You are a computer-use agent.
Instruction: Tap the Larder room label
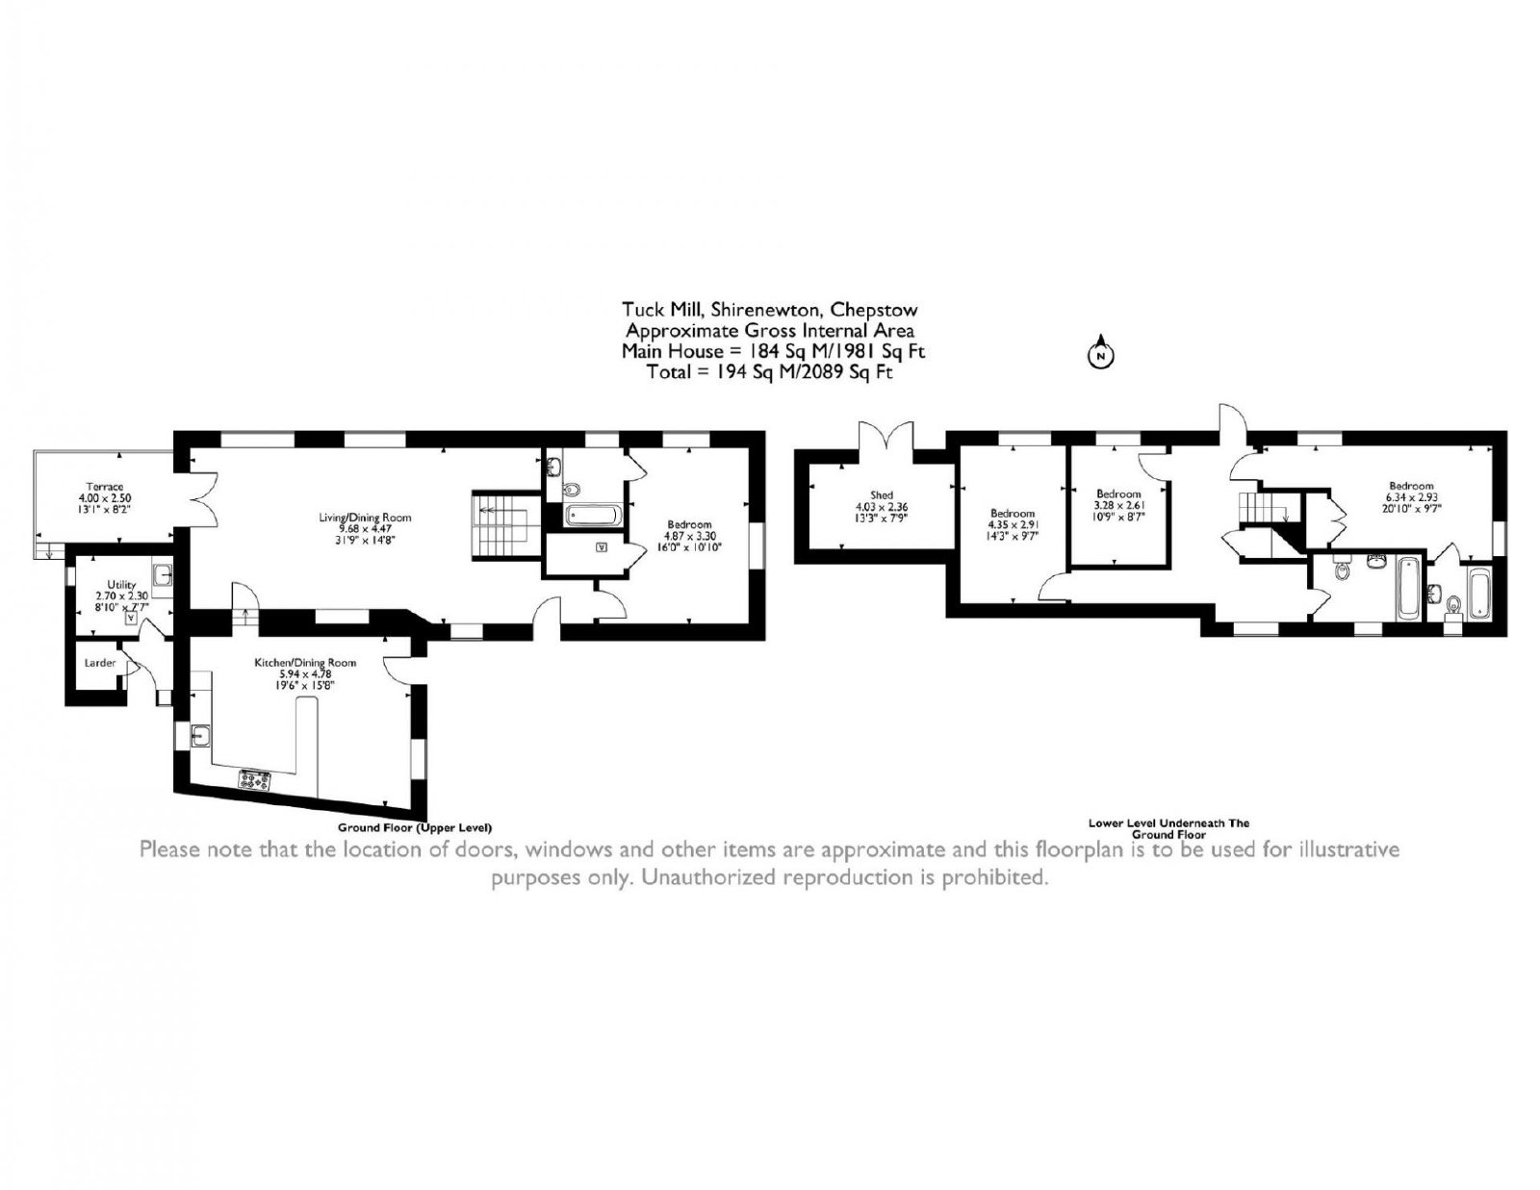99,663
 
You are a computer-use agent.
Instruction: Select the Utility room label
121,584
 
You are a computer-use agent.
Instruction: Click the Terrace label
105,487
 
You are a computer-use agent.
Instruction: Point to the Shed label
882,495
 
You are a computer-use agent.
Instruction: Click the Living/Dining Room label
365,518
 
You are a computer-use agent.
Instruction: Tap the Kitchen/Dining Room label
305,663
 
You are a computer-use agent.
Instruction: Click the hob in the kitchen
255,780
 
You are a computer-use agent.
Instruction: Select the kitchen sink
200,737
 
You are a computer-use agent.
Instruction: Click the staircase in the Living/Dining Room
500,525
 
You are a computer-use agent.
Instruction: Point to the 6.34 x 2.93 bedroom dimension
1411,497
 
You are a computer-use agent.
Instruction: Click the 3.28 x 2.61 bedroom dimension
1119,505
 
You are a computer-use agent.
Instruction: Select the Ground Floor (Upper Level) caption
415,827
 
